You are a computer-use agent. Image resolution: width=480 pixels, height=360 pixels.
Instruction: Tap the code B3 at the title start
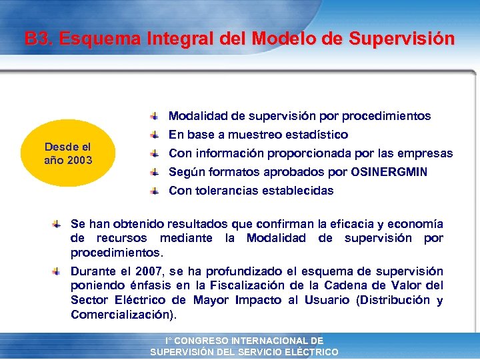point(38,39)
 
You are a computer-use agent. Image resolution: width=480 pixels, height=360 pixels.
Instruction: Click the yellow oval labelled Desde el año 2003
point(68,153)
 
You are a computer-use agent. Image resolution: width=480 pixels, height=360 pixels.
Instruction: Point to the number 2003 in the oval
point(79,160)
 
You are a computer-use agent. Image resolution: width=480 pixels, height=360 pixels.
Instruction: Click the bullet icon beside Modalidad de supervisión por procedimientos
point(154,116)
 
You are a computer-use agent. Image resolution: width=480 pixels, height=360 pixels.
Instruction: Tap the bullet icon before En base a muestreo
point(154,135)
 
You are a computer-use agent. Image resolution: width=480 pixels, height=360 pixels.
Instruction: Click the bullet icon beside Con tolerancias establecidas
point(154,191)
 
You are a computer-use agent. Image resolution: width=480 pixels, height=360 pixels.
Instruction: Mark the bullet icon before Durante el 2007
point(58,271)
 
